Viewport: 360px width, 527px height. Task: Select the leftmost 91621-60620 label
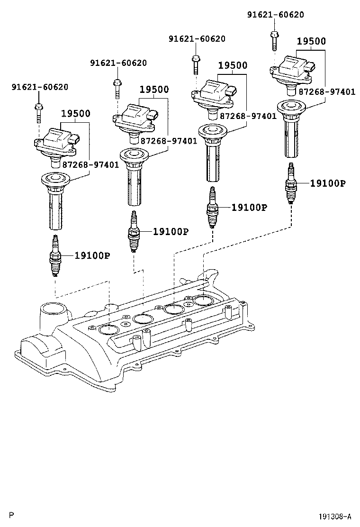[40, 87]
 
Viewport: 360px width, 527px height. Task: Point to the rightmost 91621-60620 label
[276, 15]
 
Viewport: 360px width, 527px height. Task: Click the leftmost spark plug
[55, 255]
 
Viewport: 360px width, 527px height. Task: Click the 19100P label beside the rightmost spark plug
[328, 183]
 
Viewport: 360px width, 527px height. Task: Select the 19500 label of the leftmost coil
[75, 114]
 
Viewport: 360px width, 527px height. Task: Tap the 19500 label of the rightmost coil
[311, 41]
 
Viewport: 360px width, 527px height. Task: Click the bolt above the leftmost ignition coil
[39, 112]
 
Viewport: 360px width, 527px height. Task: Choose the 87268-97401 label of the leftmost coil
[90, 164]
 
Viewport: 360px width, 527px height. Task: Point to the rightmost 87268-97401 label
[326, 92]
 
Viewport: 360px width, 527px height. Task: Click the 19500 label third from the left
[233, 65]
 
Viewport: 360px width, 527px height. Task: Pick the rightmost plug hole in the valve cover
[204, 301]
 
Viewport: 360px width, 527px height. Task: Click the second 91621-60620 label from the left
[118, 63]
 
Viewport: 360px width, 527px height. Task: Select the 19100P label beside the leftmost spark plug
[92, 255]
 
